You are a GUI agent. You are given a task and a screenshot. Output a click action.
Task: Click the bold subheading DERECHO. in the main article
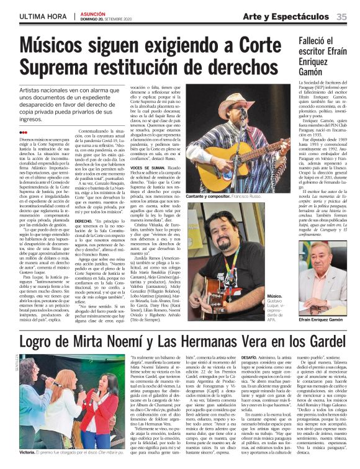[85, 220]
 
